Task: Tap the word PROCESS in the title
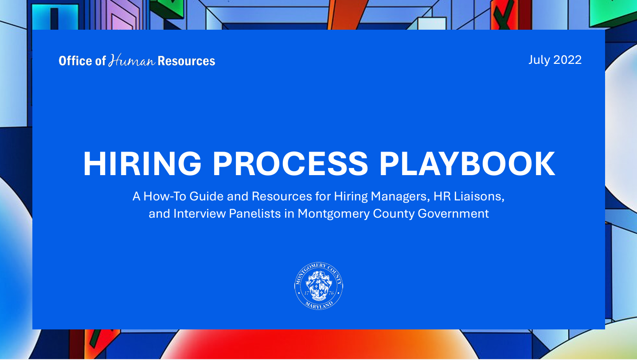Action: click(290, 164)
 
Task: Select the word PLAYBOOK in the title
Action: click(467, 164)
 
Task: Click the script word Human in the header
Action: click(132, 60)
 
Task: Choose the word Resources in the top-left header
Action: click(186, 61)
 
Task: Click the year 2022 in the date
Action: click(567, 60)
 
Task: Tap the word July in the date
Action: click(539, 60)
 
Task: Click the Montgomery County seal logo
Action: click(318, 286)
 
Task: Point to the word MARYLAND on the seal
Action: click(319, 305)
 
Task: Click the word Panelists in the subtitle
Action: click(255, 214)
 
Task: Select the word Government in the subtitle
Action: click(453, 214)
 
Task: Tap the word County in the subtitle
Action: click(394, 214)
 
